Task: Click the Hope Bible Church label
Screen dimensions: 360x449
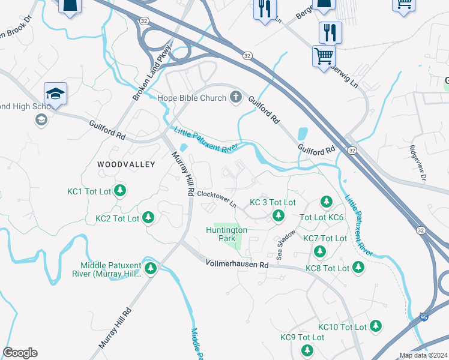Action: coord(191,98)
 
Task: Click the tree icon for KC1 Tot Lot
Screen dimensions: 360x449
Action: coord(121,191)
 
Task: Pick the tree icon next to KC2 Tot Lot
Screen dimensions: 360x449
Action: coord(148,218)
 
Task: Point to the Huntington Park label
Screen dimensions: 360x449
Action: coord(226,234)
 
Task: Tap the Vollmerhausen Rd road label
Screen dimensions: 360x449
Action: coord(237,263)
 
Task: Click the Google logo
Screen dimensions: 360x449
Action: coord(20,353)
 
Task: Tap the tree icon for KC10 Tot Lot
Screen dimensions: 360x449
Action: coord(375,326)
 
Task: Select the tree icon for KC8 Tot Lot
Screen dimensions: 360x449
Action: coord(358,267)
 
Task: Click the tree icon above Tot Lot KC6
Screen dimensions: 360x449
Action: coord(326,202)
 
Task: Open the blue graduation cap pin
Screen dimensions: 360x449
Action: coord(55,94)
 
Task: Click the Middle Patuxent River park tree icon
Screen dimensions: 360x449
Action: coord(151,268)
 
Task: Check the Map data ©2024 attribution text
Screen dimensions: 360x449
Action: coord(423,355)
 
